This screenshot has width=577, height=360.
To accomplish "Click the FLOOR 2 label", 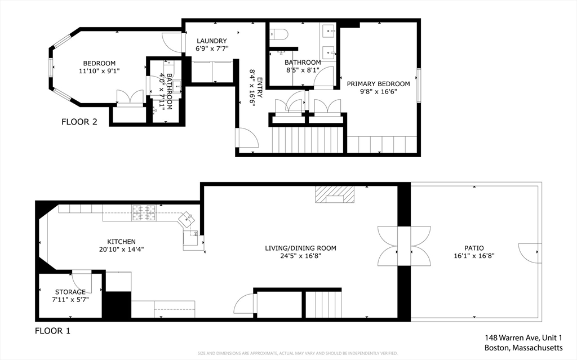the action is tap(79, 122).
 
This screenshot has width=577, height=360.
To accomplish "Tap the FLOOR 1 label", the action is tap(52, 331).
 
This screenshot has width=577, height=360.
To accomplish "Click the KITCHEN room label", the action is tap(122, 242).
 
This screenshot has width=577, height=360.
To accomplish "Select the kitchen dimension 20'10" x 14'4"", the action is tap(122, 249).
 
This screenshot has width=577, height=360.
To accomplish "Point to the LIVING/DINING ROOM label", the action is tap(301, 248).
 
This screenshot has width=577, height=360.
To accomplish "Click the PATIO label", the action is tap(474, 248).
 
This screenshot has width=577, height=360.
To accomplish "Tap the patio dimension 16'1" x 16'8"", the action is tap(474, 255).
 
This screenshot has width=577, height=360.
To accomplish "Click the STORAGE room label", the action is tap(70, 292).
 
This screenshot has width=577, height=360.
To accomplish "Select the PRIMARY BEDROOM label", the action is tap(378, 84).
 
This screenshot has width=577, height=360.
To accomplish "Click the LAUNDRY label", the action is tap(212, 41).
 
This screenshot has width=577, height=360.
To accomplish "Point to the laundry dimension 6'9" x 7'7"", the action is tap(212, 48).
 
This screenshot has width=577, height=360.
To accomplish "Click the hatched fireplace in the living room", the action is tap(335, 194).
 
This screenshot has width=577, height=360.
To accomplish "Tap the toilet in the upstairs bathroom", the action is tap(279, 34).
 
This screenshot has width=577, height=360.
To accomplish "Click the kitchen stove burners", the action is tap(144, 213).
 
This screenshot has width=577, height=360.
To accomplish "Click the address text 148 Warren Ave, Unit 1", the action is tap(523, 338).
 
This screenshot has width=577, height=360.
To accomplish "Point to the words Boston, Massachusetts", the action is tap(523, 348).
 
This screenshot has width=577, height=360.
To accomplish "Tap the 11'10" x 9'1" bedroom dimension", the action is tap(99, 70).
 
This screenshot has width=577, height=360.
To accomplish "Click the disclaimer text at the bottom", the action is tap(298, 353).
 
